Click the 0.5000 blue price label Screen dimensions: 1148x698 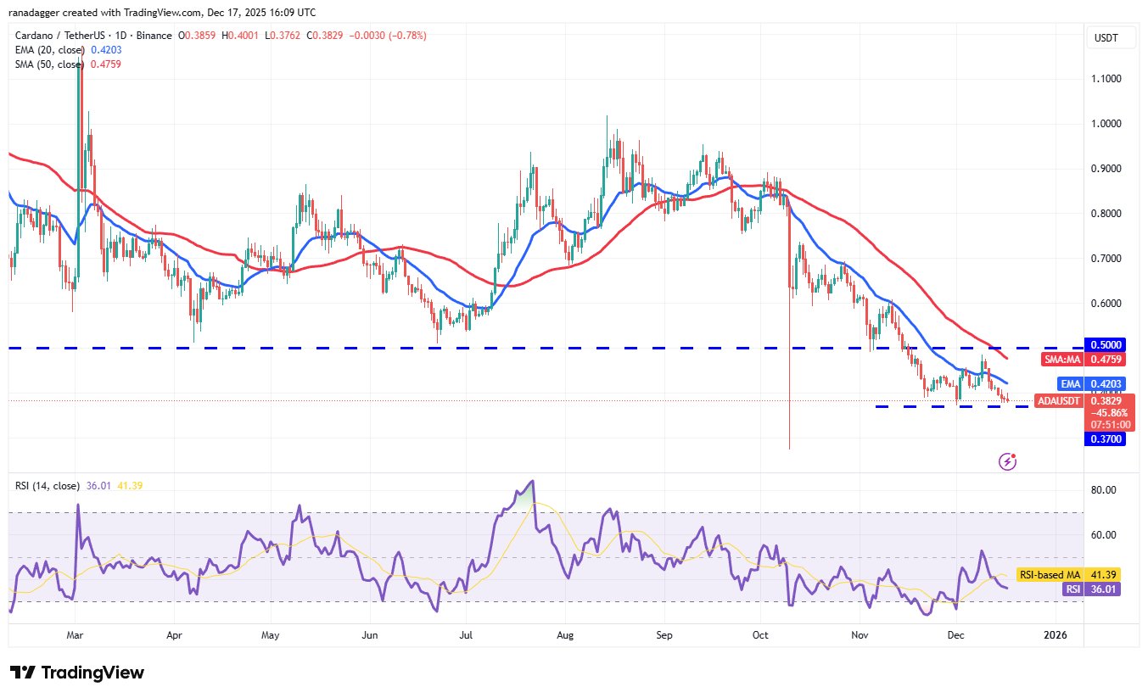(x=1105, y=344)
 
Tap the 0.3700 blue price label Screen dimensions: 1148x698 (x=1105, y=438)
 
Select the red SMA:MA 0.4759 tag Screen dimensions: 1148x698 (x=1084, y=359)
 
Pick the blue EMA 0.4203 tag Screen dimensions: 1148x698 (x=1092, y=383)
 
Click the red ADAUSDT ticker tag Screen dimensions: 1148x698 (x=1059, y=401)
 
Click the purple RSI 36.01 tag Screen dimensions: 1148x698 (x=1092, y=589)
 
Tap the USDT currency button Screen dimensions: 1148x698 (x=1106, y=38)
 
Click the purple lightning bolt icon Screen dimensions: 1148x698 (x=1007, y=461)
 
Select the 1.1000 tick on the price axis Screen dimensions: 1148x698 (x=1106, y=78)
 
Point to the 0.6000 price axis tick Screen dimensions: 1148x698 (x=1106, y=303)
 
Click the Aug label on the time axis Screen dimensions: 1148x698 (x=565, y=635)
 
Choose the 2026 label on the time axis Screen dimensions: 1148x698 (x=1056, y=635)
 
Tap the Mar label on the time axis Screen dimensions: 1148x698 (x=75, y=635)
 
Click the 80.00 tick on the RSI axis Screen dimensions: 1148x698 (x=1103, y=490)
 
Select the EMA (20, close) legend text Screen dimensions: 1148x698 (x=50, y=50)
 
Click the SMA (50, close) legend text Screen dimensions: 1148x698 (x=50, y=64)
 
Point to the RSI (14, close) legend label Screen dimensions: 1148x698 (x=48, y=485)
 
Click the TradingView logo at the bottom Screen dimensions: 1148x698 (x=77, y=673)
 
